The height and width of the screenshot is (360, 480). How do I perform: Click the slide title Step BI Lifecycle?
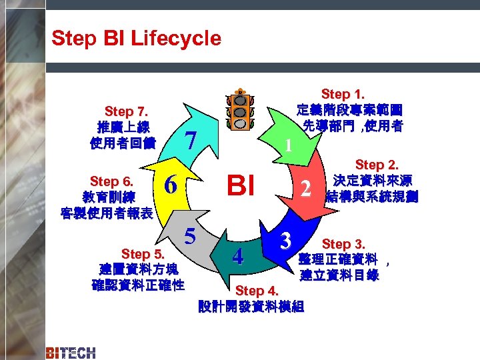[x=136, y=38]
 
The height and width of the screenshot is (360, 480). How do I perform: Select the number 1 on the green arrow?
[x=287, y=145]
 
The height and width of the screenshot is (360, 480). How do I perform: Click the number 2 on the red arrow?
[x=305, y=189]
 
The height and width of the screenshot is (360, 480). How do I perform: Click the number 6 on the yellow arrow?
[x=171, y=185]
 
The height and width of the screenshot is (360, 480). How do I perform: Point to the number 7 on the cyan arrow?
[x=191, y=141]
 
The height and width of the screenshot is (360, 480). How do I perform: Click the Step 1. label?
[x=348, y=95]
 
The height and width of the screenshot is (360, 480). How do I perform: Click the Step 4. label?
[x=259, y=291]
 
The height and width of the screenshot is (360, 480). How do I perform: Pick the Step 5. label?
[x=142, y=253]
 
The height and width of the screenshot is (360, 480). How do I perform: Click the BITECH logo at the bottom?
[x=71, y=352]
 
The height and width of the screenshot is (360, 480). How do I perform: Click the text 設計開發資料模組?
[x=251, y=307]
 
